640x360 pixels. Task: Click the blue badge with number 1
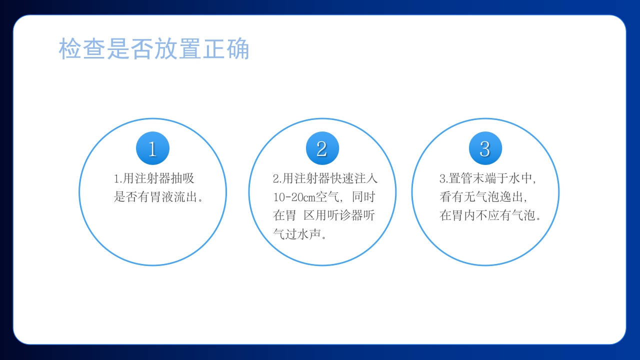152,148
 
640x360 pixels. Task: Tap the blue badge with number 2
322,148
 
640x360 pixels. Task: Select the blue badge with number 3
485,148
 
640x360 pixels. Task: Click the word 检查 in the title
82,49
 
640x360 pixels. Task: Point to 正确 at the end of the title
225,49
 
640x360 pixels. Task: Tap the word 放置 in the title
178,49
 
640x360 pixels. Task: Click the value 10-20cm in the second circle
294,197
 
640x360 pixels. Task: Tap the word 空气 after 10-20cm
327,197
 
